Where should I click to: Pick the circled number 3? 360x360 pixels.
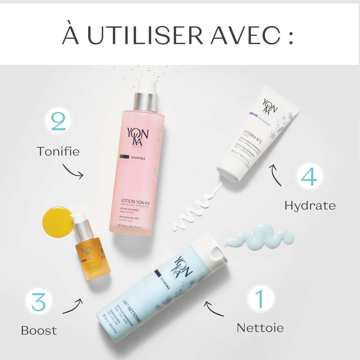(x=39, y=299)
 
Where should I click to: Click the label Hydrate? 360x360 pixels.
(x=310, y=205)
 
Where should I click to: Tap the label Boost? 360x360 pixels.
(x=39, y=331)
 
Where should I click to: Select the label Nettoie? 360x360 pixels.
(x=260, y=328)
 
